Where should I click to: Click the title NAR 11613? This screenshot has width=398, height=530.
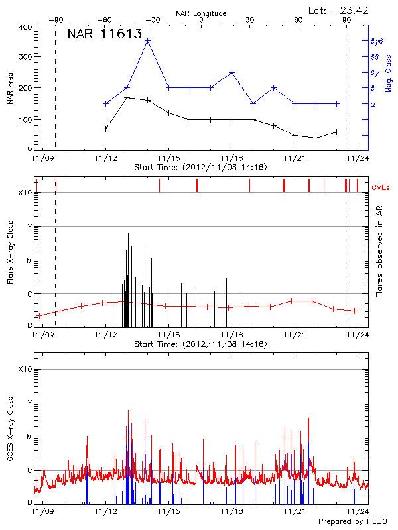pyautogui.click(x=104, y=35)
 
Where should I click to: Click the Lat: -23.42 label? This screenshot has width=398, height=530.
pyautogui.click(x=339, y=10)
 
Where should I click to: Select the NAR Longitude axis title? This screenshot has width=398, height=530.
pyautogui.click(x=201, y=13)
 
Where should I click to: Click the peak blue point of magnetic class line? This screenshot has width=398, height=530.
pyautogui.click(x=148, y=41)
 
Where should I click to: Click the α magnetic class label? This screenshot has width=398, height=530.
pyautogui.click(x=373, y=104)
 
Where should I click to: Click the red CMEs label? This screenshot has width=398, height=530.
pyautogui.click(x=381, y=189)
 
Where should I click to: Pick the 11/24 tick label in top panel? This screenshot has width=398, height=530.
pyautogui.click(x=358, y=158)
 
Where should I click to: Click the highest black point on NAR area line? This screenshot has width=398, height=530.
pyautogui.click(x=127, y=97)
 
